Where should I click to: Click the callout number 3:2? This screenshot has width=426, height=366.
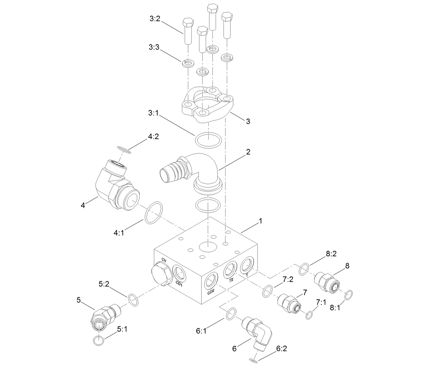coord(155,19)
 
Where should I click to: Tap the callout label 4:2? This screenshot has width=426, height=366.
coord(153,137)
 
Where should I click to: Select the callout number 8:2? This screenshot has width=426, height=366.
coord(331,254)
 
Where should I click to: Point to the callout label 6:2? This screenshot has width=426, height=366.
coord(282,349)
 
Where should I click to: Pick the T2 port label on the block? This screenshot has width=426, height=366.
coord(231,280)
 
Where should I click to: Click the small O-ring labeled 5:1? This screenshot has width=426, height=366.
coord(98,340)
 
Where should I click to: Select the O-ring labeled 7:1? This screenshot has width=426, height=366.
coord(309,315)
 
